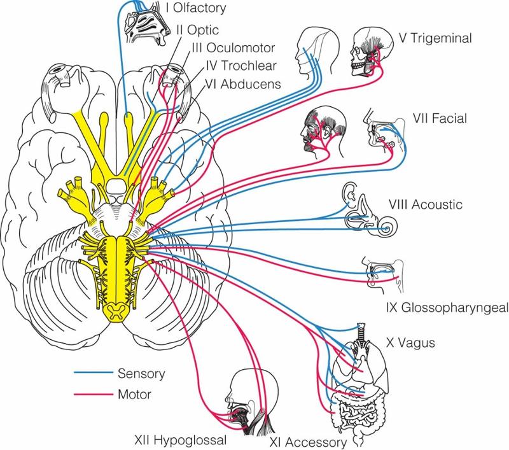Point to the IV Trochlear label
pos(235,65)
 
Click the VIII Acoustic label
pos(430,205)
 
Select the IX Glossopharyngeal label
pos(446,308)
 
